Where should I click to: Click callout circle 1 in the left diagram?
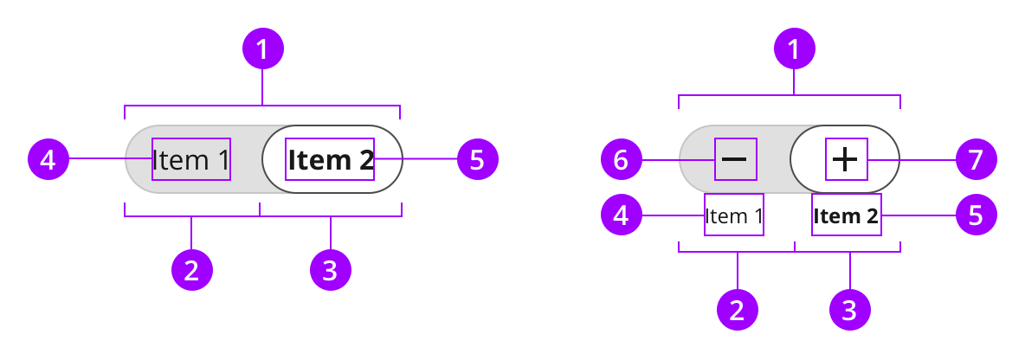262,49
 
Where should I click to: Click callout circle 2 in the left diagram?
191,270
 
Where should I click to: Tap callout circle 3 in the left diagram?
330,270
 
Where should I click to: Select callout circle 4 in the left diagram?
48,158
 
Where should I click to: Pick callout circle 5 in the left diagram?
477,158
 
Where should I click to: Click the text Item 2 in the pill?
330,159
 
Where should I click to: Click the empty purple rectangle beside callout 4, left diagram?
191,159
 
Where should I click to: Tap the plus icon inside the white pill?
845,159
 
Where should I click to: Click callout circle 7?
976,159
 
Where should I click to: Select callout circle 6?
621,159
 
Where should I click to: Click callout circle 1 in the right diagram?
794,49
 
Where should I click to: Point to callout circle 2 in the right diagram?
737,309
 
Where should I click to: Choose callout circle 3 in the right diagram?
849,309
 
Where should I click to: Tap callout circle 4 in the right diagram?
621,215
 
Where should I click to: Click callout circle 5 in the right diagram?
976,215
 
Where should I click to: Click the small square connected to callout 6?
736,159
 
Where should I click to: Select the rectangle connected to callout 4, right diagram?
734,215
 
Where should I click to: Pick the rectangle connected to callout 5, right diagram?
847,215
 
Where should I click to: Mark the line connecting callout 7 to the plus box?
909,159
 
